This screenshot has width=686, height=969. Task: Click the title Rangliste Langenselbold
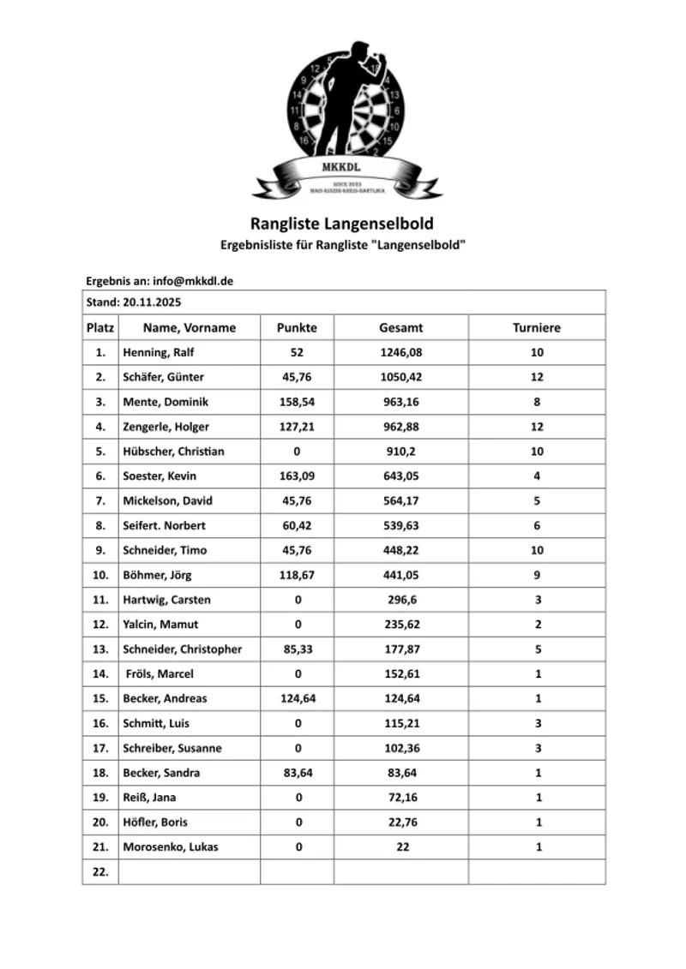[342, 224]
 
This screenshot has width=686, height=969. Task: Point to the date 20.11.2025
[152, 302]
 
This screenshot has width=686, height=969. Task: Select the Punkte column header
[297, 327]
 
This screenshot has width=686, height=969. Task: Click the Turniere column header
[537, 327]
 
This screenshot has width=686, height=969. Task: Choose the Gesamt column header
[401, 327]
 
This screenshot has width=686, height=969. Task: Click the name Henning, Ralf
[159, 352]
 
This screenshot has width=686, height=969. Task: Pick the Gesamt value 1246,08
[401, 352]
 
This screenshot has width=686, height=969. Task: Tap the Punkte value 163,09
[298, 476]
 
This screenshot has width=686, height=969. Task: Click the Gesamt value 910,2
[401, 452]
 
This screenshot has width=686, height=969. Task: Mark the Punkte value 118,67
[298, 575]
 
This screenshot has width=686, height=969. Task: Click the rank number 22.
[100, 871]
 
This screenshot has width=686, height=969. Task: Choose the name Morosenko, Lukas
[171, 847]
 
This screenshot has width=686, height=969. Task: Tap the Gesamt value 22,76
[401, 822]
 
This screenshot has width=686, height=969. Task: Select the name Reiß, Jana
[150, 798]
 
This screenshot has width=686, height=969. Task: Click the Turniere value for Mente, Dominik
[537, 402]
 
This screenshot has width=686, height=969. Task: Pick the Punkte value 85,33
[298, 649]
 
